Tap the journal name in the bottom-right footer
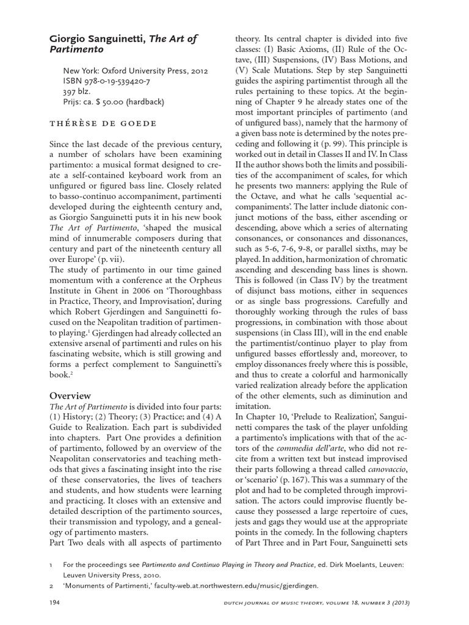[329, 602]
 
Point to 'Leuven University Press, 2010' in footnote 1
[116, 574]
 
